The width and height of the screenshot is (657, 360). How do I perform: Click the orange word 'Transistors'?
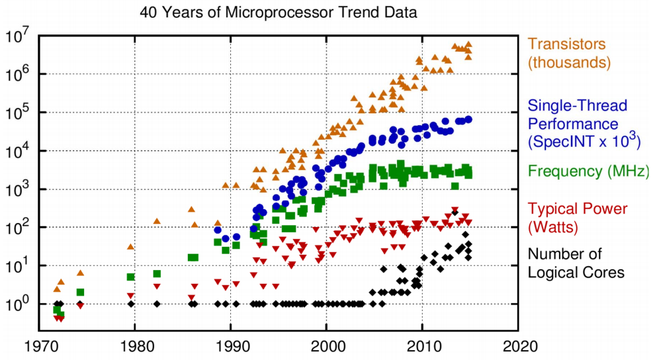click(566, 45)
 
